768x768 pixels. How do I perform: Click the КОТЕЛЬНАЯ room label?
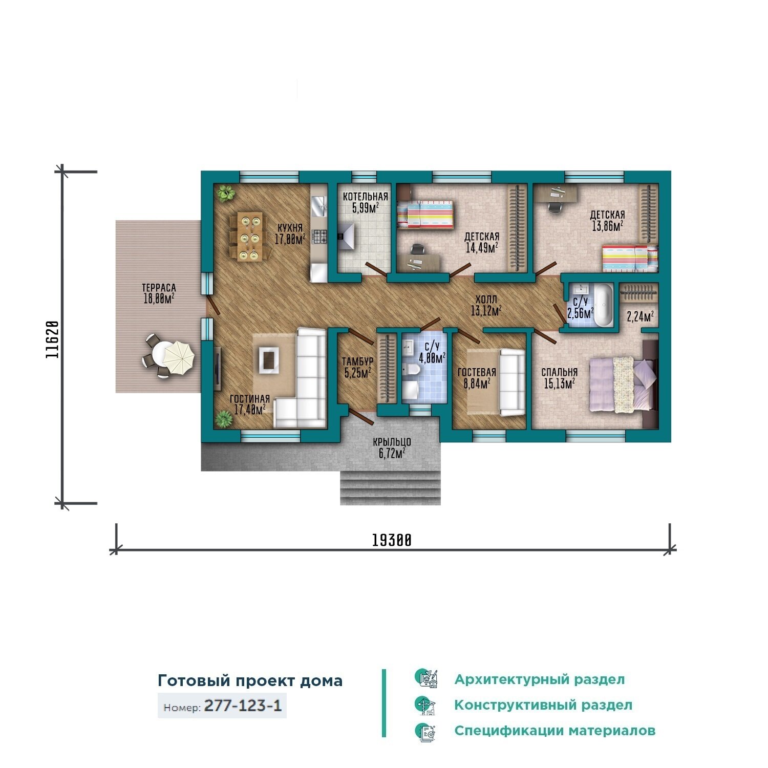pyautogui.click(x=365, y=197)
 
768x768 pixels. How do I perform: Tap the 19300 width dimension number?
pyautogui.click(x=392, y=540)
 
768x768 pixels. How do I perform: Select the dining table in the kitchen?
pyautogui.click(x=251, y=237)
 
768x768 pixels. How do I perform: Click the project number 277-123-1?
pyautogui.click(x=243, y=706)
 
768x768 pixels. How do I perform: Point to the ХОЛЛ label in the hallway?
pyautogui.click(x=486, y=300)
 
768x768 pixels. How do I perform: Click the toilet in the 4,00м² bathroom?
pyautogui.click(x=411, y=370)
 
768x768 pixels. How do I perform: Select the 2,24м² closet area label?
pyautogui.click(x=640, y=317)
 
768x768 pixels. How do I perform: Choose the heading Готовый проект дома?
pyautogui.click(x=250, y=681)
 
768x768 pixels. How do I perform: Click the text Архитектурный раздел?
pyautogui.click(x=540, y=679)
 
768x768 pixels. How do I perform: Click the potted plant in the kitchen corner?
pyautogui.click(x=225, y=193)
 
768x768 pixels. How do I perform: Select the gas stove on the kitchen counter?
pyautogui.click(x=320, y=237)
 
